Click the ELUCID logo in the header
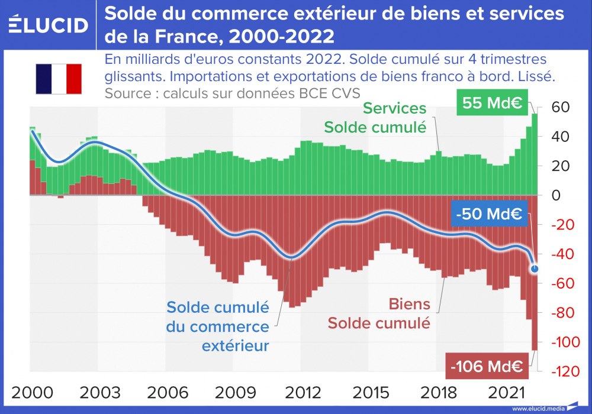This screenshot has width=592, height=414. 49,25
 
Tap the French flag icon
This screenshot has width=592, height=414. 58,79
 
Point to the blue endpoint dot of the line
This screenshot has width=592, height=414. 535,269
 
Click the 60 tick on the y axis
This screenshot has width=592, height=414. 561,108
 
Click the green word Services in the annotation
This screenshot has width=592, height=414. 394,108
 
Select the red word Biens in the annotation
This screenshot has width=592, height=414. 409,304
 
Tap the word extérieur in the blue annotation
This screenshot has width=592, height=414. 235,345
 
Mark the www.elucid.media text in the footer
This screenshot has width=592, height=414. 536,409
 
